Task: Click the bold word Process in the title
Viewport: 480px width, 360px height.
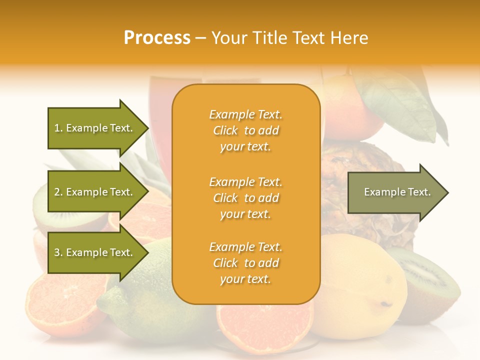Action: (157, 38)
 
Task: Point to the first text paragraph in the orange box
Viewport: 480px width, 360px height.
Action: (245, 130)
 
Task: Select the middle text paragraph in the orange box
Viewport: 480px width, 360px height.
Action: (245, 198)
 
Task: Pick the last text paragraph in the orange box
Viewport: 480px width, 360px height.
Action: (245, 263)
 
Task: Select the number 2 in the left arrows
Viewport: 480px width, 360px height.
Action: (57, 192)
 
